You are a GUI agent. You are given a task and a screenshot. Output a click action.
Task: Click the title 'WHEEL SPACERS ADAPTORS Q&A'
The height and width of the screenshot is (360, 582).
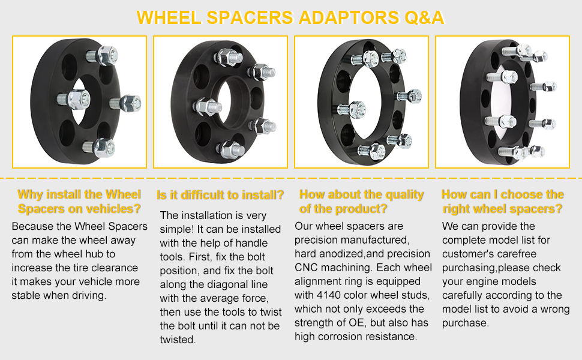(x=290, y=17)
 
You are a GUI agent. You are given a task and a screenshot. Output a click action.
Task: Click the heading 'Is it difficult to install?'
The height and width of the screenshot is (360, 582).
(x=220, y=195)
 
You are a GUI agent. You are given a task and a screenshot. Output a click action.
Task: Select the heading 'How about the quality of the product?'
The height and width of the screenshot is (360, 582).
(x=361, y=202)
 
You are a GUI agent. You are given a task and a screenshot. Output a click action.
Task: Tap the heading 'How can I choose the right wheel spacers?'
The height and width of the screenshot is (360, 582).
(x=503, y=202)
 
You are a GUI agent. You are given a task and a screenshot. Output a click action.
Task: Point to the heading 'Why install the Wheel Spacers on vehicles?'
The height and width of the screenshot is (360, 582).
(x=79, y=202)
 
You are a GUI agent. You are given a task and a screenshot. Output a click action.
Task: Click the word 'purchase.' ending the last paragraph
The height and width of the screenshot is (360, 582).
(x=466, y=323)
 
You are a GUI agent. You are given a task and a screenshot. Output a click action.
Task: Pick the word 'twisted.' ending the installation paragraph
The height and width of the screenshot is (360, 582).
(x=178, y=340)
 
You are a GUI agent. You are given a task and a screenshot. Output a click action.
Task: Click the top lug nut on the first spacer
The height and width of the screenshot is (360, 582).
(x=107, y=56)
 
